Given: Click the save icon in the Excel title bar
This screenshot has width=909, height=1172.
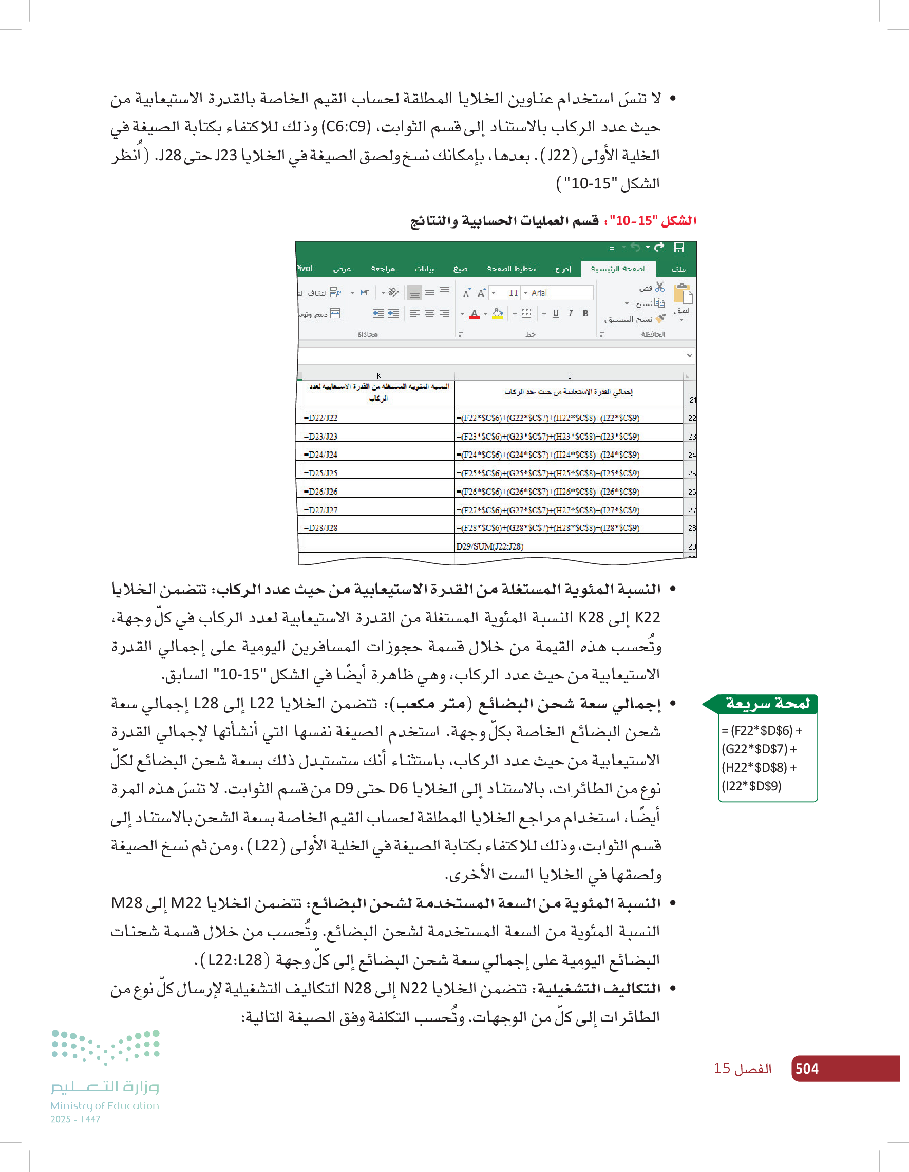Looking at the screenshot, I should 679,248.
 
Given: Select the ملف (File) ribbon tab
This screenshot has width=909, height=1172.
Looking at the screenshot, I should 678,269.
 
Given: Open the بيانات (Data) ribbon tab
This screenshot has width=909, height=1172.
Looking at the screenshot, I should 424,269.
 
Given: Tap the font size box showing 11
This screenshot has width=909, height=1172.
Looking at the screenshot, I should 513,293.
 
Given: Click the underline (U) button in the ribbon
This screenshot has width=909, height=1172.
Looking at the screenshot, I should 555,314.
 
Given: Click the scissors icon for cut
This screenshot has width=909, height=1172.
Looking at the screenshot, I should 660,287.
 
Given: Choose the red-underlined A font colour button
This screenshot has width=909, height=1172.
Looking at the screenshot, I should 474,314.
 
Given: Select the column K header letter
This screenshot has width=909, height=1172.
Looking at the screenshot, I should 379,375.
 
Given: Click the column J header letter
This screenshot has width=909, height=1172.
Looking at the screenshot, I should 570,375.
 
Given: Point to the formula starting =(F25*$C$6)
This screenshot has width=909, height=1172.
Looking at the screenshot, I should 547,474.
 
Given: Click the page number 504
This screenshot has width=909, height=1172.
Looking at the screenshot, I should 806,1069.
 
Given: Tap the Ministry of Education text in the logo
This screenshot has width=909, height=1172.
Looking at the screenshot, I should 105,1106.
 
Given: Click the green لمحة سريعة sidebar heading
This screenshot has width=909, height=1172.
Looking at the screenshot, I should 767,704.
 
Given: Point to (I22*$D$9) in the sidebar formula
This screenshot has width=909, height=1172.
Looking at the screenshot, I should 751,787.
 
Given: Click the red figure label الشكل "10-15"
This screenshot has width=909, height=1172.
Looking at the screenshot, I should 653,220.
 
